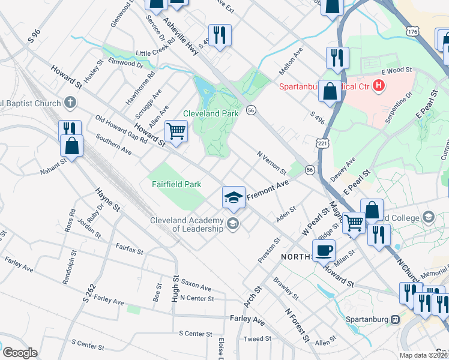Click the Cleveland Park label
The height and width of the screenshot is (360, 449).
pos(211,113)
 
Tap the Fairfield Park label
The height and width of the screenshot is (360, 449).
pos(175,184)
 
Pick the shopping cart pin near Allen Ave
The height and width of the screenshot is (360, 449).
pos(176,131)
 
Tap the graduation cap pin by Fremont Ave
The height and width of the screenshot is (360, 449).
pos(234,197)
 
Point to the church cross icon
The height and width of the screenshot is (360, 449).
pos(70,103)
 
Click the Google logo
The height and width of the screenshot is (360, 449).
pos(20,353)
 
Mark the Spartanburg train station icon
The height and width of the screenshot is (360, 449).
pos(395,319)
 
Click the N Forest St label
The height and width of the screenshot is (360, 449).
pos(297,326)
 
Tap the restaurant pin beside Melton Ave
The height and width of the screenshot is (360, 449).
pos(337,58)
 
